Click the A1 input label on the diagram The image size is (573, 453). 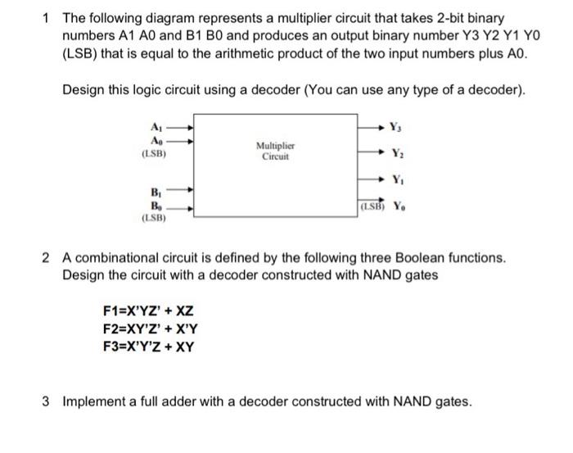156,126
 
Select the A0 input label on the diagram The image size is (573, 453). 156,139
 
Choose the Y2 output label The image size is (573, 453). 397,152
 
